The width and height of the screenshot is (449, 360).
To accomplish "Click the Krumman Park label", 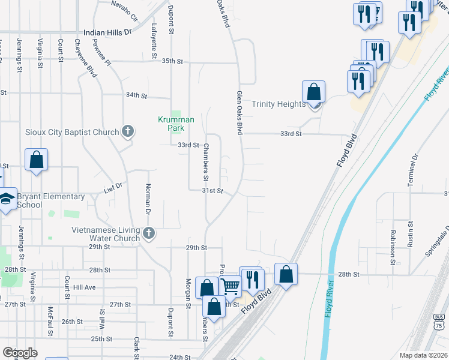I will [176, 124].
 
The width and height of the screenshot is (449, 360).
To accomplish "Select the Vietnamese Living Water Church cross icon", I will [149, 232].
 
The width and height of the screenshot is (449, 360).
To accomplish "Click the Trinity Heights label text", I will [279, 104].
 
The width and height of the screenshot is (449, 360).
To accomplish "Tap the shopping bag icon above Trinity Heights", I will [313, 92].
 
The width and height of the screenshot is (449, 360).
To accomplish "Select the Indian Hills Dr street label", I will [107, 32].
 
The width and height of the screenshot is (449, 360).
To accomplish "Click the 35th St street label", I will [172, 61].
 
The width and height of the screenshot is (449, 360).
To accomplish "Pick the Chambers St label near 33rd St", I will [205, 162].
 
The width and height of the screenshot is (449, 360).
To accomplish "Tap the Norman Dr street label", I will [146, 199].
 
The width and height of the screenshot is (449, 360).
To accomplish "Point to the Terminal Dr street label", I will [414, 170].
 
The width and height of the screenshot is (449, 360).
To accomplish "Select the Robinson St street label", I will [392, 247].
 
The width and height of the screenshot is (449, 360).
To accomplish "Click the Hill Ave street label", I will [84, 287].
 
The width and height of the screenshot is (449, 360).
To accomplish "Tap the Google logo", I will [20, 353].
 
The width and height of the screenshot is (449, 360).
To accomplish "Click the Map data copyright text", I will [423, 355].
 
